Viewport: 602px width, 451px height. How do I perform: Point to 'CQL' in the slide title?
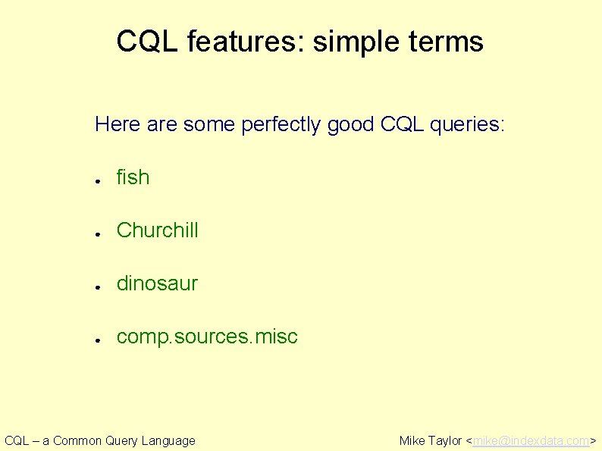pos(148,42)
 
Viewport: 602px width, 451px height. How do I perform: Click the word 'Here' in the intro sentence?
pos(118,124)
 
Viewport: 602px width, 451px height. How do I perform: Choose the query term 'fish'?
pos(133,177)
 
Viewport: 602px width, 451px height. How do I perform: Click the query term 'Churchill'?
pos(157,230)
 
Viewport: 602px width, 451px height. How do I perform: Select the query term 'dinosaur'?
pos(157,283)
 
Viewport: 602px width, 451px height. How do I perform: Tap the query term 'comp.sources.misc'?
pos(207,337)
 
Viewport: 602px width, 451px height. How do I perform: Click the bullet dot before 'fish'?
pos(99,180)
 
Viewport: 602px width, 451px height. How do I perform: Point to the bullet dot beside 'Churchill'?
pos(99,233)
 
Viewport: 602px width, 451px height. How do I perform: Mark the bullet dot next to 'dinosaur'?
pos(99,287)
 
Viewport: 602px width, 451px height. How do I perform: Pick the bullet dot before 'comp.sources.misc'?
pos(99,340)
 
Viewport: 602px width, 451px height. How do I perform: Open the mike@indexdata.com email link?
pos(531,440)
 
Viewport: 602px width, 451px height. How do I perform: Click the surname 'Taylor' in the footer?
pos(445,440)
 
